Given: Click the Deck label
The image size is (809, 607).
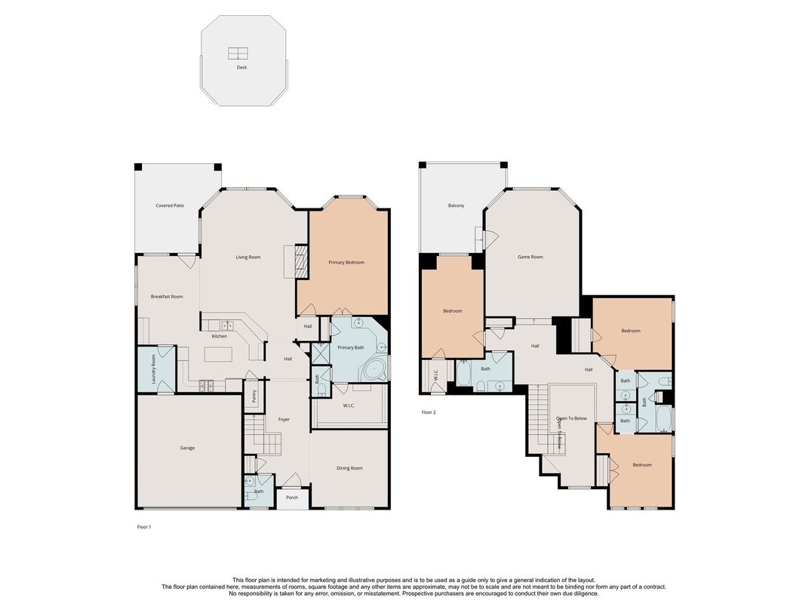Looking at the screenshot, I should tap(241, 67).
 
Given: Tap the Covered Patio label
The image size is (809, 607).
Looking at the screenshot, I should tap(170, 205).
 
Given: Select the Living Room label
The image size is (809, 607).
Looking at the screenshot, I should tap(248, 257).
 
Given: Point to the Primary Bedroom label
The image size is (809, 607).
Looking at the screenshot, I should tap(346, 263).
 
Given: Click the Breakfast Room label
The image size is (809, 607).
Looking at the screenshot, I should tap(167, 297).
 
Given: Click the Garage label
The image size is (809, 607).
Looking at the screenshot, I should tap(187, 448).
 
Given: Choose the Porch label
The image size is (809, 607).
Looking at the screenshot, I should tap(292, 498).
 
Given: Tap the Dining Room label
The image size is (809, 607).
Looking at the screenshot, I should tap(349, 468).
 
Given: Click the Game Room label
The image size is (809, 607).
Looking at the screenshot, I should tap(530, 257).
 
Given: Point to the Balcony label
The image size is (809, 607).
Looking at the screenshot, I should tap(456, 205).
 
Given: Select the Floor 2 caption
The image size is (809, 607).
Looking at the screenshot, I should tap(429, 412).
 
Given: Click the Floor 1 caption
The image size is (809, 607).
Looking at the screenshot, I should tap(143, 527).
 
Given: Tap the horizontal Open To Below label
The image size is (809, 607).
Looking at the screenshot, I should tap(571, 418).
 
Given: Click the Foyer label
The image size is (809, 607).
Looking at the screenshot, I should tap(284, 420).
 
